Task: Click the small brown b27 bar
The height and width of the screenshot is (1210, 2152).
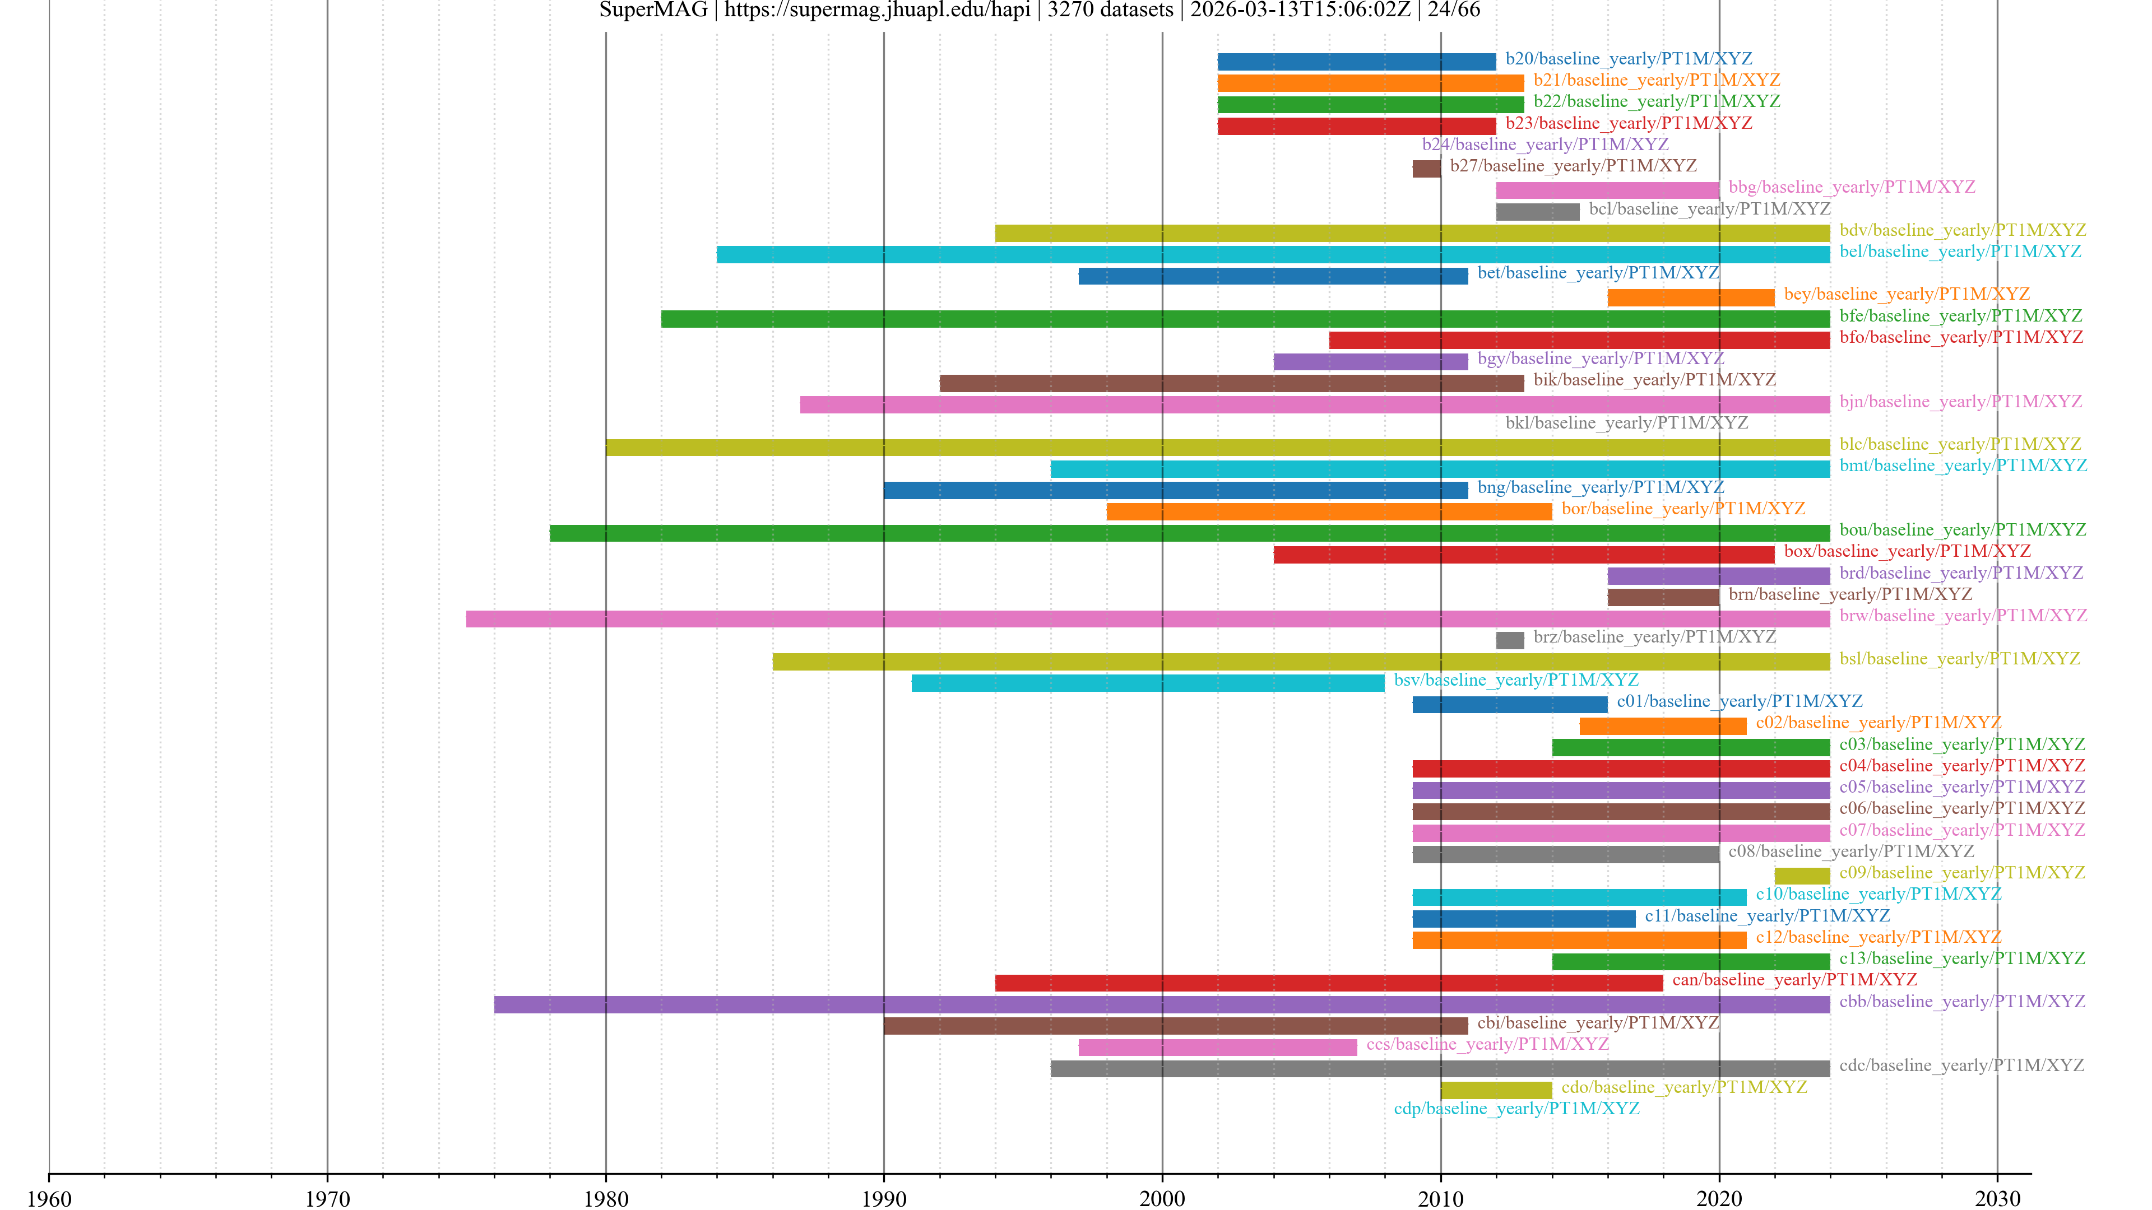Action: [x=1426, y=169]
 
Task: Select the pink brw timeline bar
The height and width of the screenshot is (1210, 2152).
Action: [x=1147, y=619]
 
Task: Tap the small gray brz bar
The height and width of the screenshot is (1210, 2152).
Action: [x=1510, y=640]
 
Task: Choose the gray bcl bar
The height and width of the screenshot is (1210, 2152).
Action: [x=1537, y=212]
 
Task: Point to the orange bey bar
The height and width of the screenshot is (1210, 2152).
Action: [x=1691, y=297]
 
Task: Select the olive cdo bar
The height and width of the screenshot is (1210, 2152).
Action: [x=1495, y=1090]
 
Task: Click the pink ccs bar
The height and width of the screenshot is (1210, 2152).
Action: [x=1217, y=1047]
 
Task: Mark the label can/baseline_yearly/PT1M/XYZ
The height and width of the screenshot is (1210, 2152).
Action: [x=1794, y=980]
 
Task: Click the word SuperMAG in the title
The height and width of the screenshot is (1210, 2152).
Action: [x=653, y=10]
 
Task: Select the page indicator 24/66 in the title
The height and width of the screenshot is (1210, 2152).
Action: [x=1454, y=10]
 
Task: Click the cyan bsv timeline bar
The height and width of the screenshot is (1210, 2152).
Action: [x=1147, y=683]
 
